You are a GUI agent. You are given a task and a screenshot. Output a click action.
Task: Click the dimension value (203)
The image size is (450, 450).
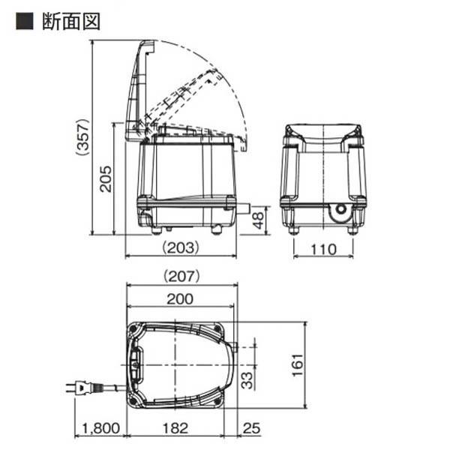pyautogui.click(x=180, y=246)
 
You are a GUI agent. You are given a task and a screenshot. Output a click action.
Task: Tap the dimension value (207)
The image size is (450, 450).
pyautogui.click(x=181, y=275)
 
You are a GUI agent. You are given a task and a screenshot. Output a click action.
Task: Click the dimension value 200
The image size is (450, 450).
pyautogui.click(x=181, y=298)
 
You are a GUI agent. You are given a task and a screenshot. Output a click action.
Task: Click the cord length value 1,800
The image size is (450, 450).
pyautogui.click(x=100, y=429)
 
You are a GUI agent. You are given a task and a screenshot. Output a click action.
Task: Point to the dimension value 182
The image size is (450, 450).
pyautogui.click(x=178, y=429)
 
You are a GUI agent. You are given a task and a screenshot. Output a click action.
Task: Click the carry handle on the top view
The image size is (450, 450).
pyautogui.click(x=136, y=364)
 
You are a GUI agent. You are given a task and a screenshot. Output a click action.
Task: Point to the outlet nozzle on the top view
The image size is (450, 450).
pyautogui.click(x=233, y=347)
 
